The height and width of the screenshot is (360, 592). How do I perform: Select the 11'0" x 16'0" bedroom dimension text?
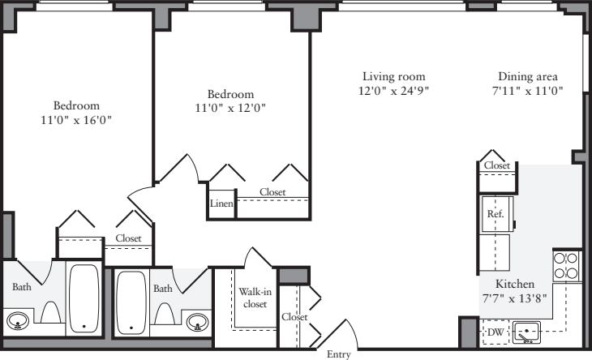point(76,120)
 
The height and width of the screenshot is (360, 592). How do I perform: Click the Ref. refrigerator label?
point(494,214)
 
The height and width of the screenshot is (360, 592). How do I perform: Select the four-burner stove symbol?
point(566,266)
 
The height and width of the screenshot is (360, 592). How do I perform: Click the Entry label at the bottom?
point(339,354)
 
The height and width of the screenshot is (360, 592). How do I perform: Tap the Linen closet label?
point(221,204)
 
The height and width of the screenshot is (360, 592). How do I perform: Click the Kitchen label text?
point(515,285)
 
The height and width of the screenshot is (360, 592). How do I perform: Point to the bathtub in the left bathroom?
point(84,299)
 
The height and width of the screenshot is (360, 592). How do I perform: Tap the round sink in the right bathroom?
point(195,323)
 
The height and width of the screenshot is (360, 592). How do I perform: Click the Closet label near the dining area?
point(497,165)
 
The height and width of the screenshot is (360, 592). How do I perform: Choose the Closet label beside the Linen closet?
point(272,192)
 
